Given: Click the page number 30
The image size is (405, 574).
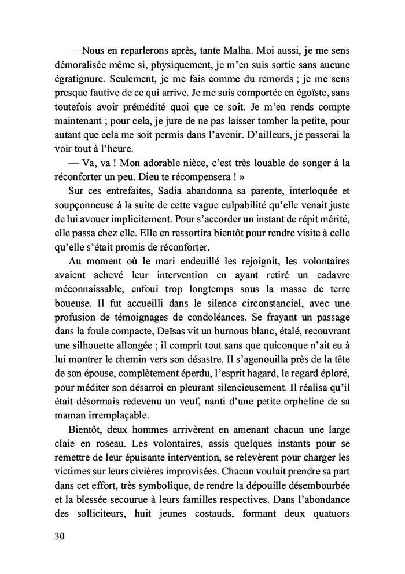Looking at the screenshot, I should (59, 535).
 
